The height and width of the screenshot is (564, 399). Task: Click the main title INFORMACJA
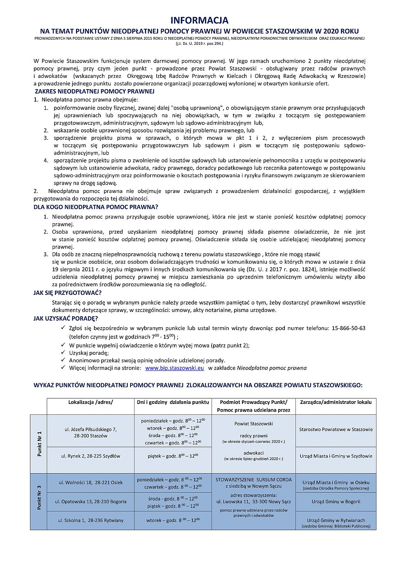tap(199, 20)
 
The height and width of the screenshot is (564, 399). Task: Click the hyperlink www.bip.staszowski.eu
tap(174, 368)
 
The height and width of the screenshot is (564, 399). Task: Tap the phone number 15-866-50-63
tap(348, 328)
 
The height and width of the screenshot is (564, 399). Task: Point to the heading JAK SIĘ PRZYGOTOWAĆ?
tap(67, 293)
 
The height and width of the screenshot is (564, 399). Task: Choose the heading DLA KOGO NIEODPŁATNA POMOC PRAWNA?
tap(96, 207)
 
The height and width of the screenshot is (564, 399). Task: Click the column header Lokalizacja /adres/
tap(90, 402)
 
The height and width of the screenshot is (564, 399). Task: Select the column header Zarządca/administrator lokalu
tap(336, 402)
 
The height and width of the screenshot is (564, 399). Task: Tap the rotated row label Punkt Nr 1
tap(39, 444)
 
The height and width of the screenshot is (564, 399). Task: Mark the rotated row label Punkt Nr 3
tap(39, 498)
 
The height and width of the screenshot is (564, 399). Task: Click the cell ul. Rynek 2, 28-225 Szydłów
tap(91, 456)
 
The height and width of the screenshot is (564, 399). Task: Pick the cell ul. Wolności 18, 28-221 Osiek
tap(91, 483)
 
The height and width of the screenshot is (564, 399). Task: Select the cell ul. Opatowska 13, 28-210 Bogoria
tap(91, 502)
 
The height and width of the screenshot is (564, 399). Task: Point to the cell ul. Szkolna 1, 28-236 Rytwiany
tap(91, 520)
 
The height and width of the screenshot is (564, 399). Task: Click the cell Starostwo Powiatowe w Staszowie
tap(336, 430)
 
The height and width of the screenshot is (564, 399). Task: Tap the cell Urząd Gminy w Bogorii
tap(336, 502)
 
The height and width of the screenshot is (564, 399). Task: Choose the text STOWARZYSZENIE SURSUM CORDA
tap(254, 480)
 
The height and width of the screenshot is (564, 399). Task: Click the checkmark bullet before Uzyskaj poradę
tap(63, 353)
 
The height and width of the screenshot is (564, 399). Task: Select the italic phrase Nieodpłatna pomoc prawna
tap(272, 368)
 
